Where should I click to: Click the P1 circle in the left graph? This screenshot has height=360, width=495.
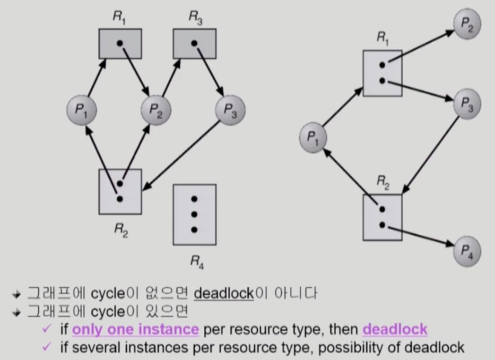(x=81, y=110)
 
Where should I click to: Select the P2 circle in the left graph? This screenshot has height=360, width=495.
(x=156, y=110)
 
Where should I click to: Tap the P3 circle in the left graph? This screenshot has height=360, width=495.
(x=230, y=110)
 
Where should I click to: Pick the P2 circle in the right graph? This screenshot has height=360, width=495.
(x=467, y=25)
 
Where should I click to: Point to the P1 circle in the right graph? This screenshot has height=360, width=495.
(x=313, y=137)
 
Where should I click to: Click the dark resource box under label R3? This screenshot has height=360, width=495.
(x=194, y=43)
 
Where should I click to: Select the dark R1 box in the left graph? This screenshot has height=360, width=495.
(x=120, y=43)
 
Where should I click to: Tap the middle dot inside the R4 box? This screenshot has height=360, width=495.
(x=194, y=214)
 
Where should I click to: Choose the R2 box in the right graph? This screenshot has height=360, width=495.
(x=382, y=217)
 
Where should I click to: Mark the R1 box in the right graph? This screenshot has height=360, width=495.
(x=382, y=73)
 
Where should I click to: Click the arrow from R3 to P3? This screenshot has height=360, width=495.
(x=208, y=68)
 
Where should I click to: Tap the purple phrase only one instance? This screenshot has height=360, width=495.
(x=135, y=329)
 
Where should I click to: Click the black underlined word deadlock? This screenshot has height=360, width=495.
(x=224, y=294)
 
